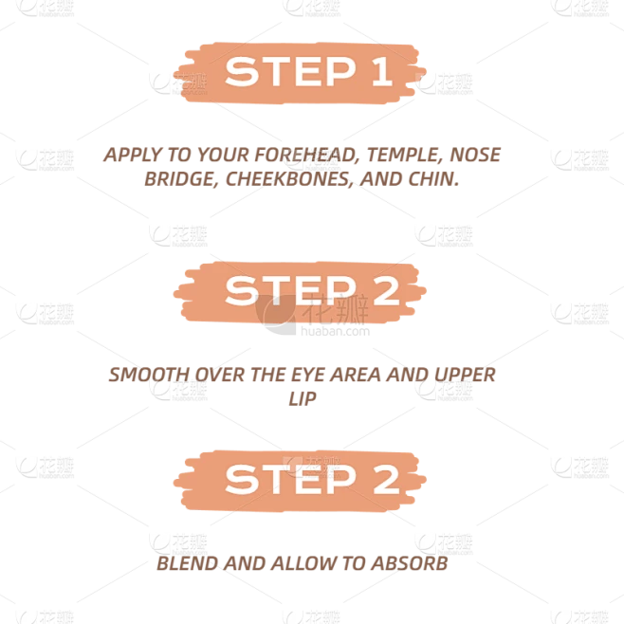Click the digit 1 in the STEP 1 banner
[x=383, y=71]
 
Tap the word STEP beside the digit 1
[x=290, y=71]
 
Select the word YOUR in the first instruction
[x=223, y=155]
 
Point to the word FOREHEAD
[x=305, y=155]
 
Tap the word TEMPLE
[x=404, y=155]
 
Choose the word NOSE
[x=475, y=155]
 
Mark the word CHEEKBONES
[x=289, y=179]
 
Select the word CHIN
[x=433, y=179]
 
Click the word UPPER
[x=465, y=375]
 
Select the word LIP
[x=303, y=398]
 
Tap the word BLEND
[x=187, y=563]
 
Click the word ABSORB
[x=409, y=563]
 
